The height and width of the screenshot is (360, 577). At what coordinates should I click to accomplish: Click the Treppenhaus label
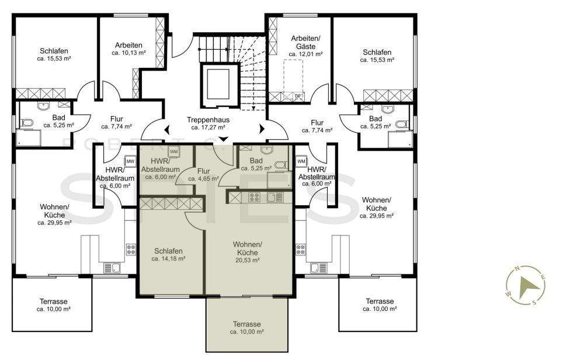(x=208, y=120)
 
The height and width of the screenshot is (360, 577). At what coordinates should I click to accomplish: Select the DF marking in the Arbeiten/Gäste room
(x=298, y=96)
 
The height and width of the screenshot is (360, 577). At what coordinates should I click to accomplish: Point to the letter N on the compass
(x=517, y=268)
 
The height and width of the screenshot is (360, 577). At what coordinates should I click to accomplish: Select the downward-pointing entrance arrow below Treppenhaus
(x=224, y=139)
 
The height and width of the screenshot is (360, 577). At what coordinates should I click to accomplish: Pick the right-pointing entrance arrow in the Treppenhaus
(x=262, y=129)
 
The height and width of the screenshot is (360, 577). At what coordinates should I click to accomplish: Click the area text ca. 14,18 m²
(x=168, y=259)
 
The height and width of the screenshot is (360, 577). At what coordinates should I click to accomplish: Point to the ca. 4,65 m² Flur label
(x=203, y=179)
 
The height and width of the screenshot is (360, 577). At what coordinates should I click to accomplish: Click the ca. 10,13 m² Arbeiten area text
(x=129, y=53)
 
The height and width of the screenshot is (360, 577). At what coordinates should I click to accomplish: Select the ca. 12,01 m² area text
(x=306, y=54)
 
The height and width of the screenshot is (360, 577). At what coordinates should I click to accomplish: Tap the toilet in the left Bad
(x=27, y=123)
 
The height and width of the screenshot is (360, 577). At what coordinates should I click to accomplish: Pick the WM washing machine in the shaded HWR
(x=173, y=152)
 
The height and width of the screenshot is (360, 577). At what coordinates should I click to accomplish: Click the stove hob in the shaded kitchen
(x=254, y=198)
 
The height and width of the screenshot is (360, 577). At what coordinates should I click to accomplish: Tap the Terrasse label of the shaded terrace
(x=247, y=324)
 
